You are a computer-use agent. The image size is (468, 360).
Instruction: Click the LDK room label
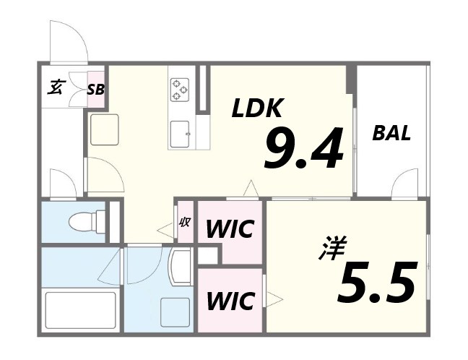256,108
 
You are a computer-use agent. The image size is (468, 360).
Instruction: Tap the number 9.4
304,148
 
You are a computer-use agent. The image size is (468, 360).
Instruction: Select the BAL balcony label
391,133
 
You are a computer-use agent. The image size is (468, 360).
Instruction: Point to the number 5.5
377,282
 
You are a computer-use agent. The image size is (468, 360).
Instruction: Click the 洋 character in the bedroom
333,248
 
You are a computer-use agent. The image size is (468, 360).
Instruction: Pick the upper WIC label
230,229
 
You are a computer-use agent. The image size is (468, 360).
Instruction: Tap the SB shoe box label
96,90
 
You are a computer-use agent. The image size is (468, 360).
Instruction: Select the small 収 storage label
184,222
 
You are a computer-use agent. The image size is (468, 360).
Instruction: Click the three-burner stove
180,89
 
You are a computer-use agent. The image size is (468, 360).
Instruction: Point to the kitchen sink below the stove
180,134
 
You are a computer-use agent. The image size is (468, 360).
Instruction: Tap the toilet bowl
84,221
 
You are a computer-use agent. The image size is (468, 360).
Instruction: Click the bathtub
80,310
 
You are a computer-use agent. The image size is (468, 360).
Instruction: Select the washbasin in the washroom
180,267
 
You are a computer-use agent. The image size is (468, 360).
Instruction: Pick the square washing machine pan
175,312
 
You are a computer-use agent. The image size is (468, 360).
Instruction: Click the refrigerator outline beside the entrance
105,129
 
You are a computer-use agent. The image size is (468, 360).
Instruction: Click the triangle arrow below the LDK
251,188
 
